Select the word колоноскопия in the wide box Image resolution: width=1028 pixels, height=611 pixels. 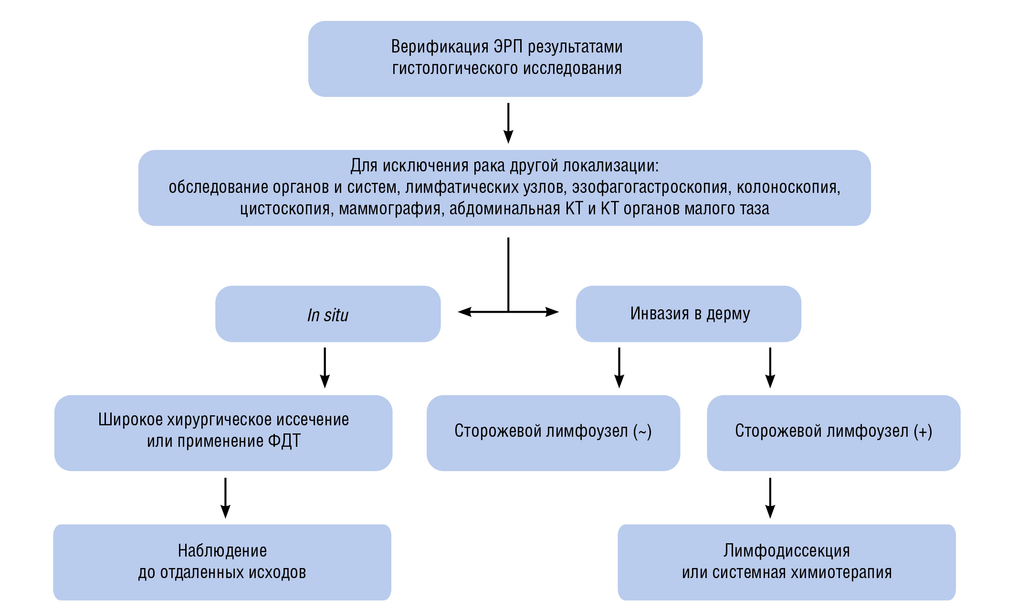(788, 187)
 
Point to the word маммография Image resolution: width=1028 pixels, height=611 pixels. (389, 209)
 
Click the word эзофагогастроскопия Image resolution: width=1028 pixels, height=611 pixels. (651, 187)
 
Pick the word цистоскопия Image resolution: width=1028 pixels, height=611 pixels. (286, 209)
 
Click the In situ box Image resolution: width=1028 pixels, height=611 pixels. (328, 314)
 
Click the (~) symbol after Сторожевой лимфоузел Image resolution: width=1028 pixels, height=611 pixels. (642, 432)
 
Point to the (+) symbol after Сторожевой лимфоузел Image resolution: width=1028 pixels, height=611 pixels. (923, 432)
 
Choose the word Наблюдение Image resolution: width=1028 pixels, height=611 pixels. (222, 551)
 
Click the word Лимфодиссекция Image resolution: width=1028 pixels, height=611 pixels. (787, 551)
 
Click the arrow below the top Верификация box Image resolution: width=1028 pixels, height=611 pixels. (508, 123)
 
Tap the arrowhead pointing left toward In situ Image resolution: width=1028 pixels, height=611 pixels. (464, 312)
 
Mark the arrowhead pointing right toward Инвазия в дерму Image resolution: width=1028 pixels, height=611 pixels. (552, 312)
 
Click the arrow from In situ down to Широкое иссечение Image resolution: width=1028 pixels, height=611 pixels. (325, 368)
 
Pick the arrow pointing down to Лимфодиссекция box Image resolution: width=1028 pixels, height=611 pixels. (770, 497)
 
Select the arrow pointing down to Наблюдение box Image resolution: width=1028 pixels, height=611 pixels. (225, 497)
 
